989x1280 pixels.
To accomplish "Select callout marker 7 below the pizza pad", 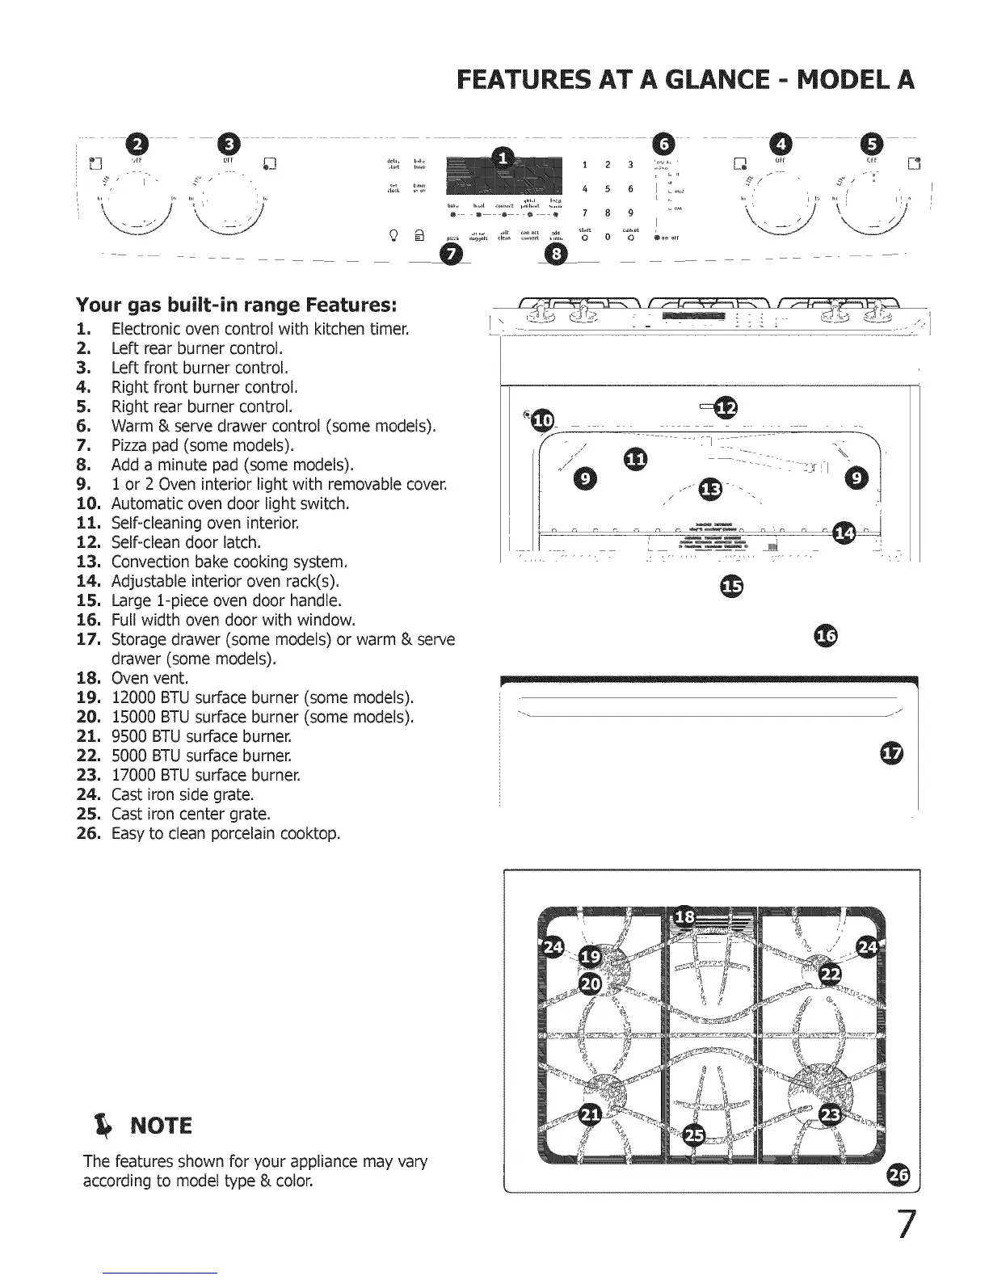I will (445, 255).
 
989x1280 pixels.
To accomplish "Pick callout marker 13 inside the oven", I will (710, 490).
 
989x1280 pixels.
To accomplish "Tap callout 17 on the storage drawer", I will (890, 754).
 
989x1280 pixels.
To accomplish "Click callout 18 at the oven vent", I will (684, 916).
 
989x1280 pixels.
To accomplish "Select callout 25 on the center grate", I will (693, 1135).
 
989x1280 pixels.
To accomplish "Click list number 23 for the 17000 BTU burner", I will (87, 776).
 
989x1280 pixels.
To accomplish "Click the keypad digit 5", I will (606, 189).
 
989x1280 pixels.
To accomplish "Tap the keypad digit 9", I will (629, 213).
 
